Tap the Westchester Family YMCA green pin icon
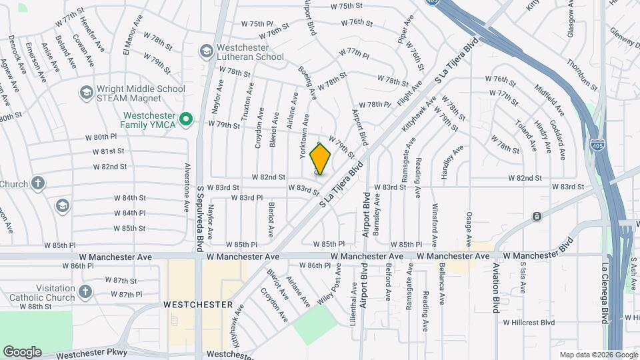tap(187, 120)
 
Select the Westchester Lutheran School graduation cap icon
tap(206, 51)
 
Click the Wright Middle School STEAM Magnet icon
tap(86, 93)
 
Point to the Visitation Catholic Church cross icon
tap(85, 291)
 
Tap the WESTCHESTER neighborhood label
tap(198, 305)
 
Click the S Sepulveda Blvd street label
tap(199, 219)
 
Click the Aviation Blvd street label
tap(497, 288)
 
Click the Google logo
tap(22, 351)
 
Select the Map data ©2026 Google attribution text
tap(598, 355)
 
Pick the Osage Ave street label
tap(469, 229)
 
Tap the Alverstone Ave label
tap(187, 187)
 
